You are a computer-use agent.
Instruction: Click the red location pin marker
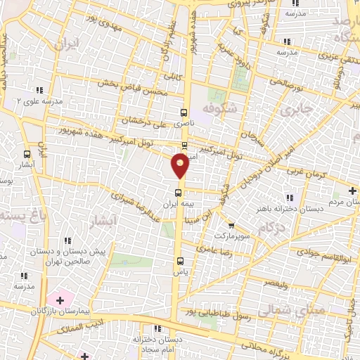(181, 167)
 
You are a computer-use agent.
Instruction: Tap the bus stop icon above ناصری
(184, 112)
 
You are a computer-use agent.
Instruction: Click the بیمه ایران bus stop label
(176, 202)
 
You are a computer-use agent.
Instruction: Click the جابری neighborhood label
(295, 110)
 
